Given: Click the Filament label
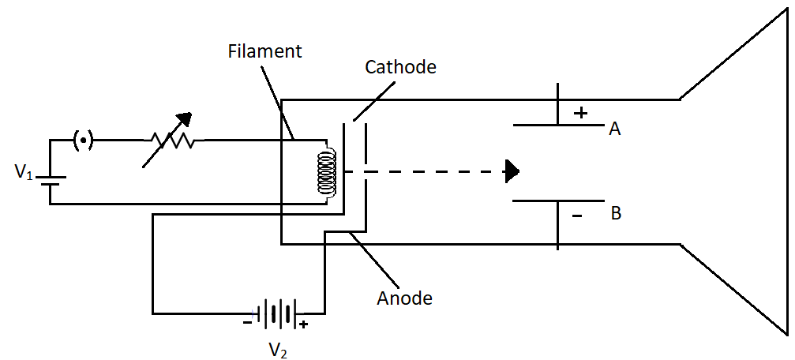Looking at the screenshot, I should point(264,53).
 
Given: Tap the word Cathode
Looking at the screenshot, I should point(400,67).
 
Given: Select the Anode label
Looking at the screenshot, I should point(405,298).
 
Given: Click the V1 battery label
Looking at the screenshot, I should point(24,171).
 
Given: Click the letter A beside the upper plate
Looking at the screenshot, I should point(614,129).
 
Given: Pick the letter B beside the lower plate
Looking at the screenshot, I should point(616,212).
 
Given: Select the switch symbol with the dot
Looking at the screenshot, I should point(83,141).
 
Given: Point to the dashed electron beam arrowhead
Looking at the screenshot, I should point(513,171).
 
